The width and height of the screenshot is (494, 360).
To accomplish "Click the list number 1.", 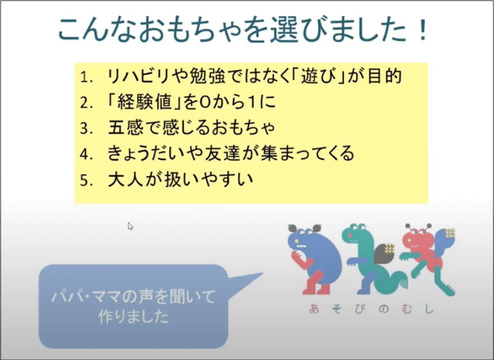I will click(86, 78).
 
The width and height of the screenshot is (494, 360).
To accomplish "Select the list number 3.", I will click(86, 128).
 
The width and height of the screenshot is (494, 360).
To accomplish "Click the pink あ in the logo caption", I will click(313, 310).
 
